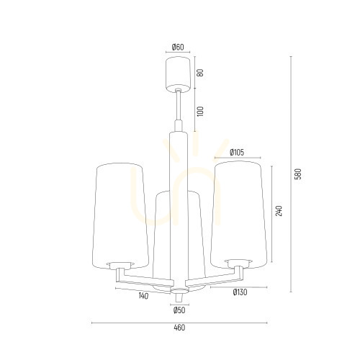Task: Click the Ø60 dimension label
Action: [x=178, y=48]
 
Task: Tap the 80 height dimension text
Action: [x=200, y=73]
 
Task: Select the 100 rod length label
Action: [x=200, y=112]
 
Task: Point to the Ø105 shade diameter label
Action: [x=237, y=152]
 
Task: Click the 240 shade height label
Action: [x=279, y=211]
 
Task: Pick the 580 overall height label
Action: [x=297, y=174]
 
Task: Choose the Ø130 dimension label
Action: [x=240, y=292]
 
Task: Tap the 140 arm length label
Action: [x=143, y=296]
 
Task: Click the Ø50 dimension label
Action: [x=179, y=310]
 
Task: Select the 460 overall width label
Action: [x=179, y=328]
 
